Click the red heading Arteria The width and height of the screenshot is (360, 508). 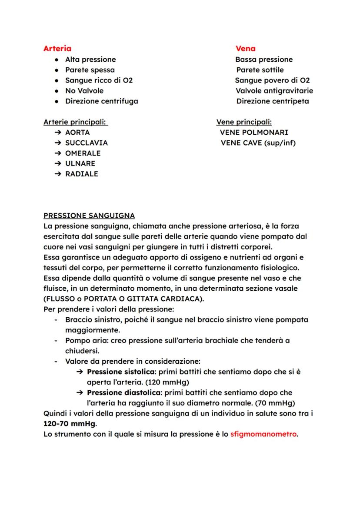coord(57,49)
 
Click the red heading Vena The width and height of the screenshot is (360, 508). coord(245,49)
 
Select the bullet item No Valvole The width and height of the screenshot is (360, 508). coord(84,91)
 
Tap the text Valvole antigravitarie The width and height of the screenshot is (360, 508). coord(274,91)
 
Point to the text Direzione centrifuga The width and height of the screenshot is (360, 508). coord(101,101)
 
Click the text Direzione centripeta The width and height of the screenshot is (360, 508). coord(273,101)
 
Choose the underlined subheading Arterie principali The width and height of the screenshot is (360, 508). coord(75,122)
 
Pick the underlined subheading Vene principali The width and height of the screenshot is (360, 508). coord(244,122)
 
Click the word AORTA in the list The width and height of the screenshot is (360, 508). coord(77,133)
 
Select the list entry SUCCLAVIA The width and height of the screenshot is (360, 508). coord(86,143)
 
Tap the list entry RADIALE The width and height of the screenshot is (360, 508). coord(81,174)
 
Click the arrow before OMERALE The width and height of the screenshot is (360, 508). coord(58,153)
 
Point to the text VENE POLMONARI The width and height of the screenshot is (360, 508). coord(254,133)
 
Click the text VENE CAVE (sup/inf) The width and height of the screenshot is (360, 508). coord(258,143)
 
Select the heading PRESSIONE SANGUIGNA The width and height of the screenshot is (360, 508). coord(89,216)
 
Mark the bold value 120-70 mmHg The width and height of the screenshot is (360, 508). coord(70,424)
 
